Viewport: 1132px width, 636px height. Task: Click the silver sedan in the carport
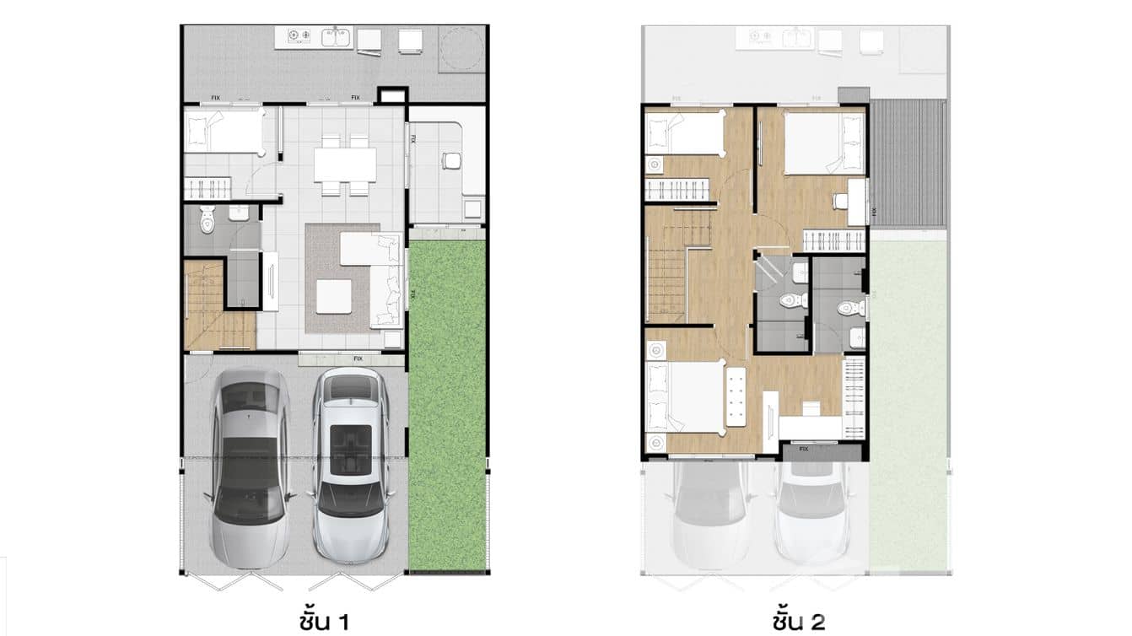pos(250,468)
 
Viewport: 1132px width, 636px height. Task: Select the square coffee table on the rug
pos(334,295)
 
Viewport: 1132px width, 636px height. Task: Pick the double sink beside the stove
pos(335,36)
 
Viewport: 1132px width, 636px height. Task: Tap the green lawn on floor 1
pos(447,405)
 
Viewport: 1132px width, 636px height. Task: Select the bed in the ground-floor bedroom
pos(224,132)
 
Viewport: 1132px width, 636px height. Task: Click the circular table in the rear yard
pos(461,49)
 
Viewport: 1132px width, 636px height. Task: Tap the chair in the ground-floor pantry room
pos(451,160)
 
